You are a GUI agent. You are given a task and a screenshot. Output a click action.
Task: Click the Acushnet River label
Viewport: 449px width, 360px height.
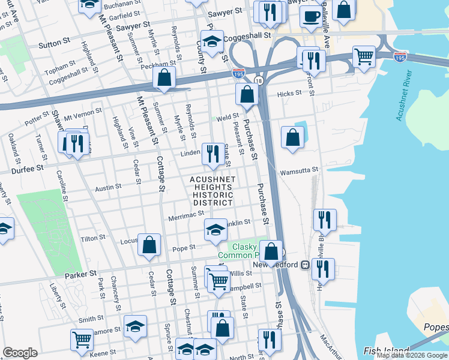coord(404,95)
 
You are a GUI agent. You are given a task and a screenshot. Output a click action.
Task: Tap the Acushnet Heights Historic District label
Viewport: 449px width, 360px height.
coord(211,191)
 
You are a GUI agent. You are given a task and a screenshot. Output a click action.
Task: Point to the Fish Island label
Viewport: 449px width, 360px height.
coord(387,350)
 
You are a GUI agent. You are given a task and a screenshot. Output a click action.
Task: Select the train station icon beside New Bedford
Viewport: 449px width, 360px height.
coord(305,265)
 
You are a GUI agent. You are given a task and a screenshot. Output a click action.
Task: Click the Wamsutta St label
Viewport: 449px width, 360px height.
coord(298,171)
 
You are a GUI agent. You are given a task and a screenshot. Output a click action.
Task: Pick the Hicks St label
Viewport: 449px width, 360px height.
coord(289,94)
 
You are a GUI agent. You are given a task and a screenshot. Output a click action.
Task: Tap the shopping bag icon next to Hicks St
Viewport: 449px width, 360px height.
coord(247,94)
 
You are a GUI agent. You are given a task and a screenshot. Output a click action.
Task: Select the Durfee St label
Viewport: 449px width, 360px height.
coord(28,170)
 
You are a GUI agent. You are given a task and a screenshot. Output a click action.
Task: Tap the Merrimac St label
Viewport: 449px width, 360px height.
coord(187,215)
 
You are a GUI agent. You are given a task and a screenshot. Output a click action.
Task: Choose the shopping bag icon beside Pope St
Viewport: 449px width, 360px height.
coord(149,244)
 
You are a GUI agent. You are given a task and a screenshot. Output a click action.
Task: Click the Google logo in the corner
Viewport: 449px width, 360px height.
coord(20,353)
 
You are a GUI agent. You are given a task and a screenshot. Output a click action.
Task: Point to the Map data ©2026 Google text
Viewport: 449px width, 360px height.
coord(412,356)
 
